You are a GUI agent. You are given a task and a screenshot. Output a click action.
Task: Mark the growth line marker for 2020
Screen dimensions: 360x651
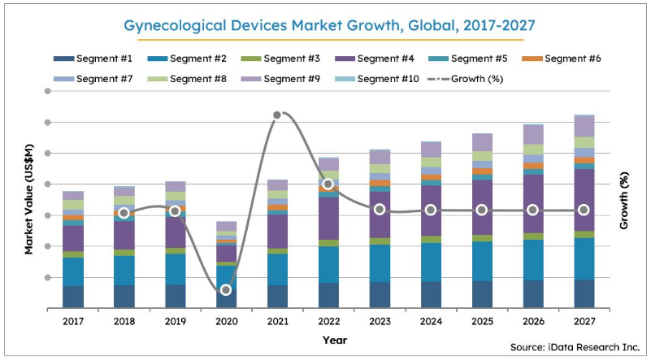coord(226,289)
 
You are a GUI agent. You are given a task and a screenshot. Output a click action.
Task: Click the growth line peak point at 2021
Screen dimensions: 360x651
coord(277,115)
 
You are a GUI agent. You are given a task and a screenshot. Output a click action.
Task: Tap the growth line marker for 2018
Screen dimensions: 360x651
coord(124,213)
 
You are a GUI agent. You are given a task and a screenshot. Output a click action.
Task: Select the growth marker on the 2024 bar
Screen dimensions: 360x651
coord(431,210)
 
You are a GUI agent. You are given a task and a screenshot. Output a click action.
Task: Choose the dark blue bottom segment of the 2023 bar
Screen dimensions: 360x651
coord(380,294)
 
